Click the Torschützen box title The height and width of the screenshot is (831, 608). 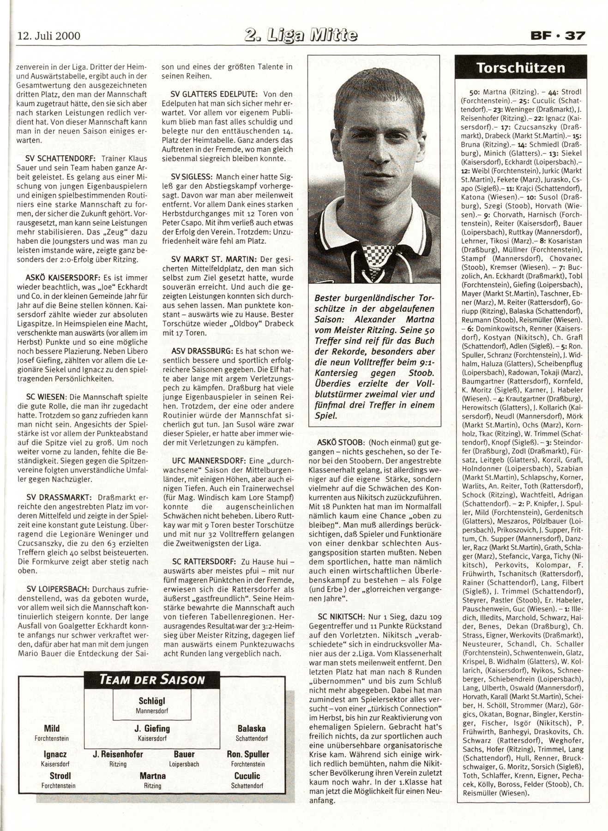tap(520, 68)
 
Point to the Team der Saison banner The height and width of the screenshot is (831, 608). tap(152, 679)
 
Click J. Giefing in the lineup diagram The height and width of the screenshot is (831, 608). tap(152, 729)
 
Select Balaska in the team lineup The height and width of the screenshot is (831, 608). tap(251, 729)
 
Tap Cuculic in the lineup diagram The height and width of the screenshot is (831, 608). tap(247, 776)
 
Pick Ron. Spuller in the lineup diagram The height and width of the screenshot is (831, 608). tap(248, 754)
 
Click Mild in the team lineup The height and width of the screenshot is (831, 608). tap(52, 729)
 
